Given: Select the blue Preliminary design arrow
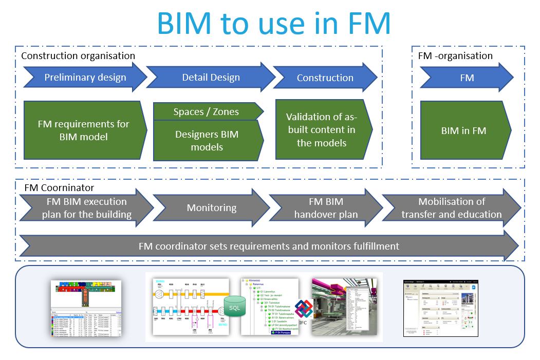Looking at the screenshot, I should click(85, 78).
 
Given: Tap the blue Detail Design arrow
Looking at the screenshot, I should click(211, 78).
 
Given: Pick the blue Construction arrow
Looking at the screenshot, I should click(325, 78).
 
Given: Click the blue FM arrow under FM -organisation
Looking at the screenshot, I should click(467, 78).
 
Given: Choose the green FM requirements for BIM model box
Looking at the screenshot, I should click(84, 130).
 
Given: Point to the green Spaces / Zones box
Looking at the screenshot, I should click(207, 111).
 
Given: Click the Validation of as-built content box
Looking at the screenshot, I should click(322, 130).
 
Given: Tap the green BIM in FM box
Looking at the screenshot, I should click(464, 131).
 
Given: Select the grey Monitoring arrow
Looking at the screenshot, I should click(212, 208).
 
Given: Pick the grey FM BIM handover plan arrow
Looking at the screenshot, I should click(326, 208).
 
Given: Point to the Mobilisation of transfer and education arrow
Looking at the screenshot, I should click(451, 208).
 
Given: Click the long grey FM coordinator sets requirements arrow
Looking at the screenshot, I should click(269, 246).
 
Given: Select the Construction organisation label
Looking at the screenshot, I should click(78, 56).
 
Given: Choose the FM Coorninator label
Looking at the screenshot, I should click(60, 188).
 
